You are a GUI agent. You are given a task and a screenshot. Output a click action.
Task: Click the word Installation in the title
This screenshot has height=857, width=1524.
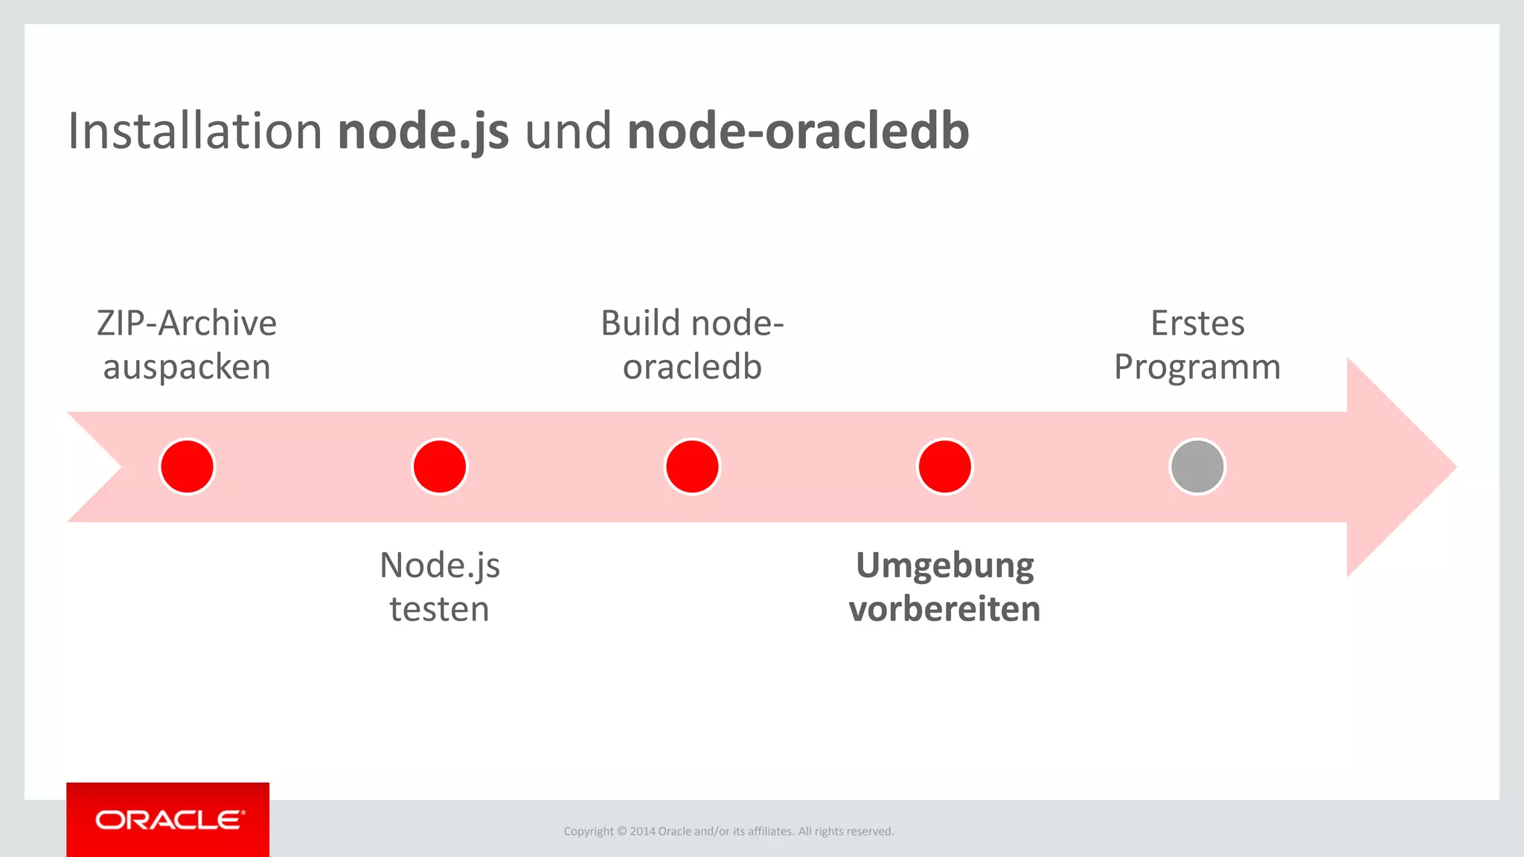point(195,132)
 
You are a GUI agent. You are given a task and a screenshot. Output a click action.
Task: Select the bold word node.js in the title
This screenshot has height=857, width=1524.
point(423,132)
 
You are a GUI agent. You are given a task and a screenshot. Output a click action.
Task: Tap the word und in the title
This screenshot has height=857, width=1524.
point(568,132)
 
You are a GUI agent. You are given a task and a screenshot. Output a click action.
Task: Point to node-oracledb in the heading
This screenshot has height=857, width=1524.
point(798,132)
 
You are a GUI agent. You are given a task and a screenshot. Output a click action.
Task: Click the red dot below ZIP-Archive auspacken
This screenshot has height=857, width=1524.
point(188,466)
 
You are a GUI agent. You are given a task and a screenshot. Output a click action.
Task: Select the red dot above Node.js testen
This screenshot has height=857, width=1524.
point(440,466)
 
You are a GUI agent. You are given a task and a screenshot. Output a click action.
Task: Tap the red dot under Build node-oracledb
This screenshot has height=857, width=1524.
point(692,466)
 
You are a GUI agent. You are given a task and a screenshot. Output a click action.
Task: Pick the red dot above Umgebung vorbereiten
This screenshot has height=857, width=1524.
point(944,466)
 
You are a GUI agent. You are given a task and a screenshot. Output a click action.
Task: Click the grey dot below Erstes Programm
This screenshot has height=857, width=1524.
point(1197,466)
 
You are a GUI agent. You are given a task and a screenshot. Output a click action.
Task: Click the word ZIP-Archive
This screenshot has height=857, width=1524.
point(187,324)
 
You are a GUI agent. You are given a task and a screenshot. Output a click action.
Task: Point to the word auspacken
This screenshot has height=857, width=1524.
point(187,367)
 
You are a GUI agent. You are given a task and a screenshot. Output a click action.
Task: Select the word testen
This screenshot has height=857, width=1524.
point(439,609)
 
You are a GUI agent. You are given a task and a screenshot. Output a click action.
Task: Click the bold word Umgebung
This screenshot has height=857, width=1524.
point(944,566)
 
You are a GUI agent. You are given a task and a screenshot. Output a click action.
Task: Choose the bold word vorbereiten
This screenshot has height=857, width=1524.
point(944,609)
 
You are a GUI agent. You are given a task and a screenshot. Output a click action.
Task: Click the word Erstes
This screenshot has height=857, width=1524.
point(1197,324)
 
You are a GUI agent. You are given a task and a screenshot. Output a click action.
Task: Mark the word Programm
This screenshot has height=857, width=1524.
point(1197,367)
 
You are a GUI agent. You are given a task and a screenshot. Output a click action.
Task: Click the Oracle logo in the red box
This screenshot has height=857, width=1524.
point(169,820)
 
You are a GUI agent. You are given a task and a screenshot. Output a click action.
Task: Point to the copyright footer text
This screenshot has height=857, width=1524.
point(729,831)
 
